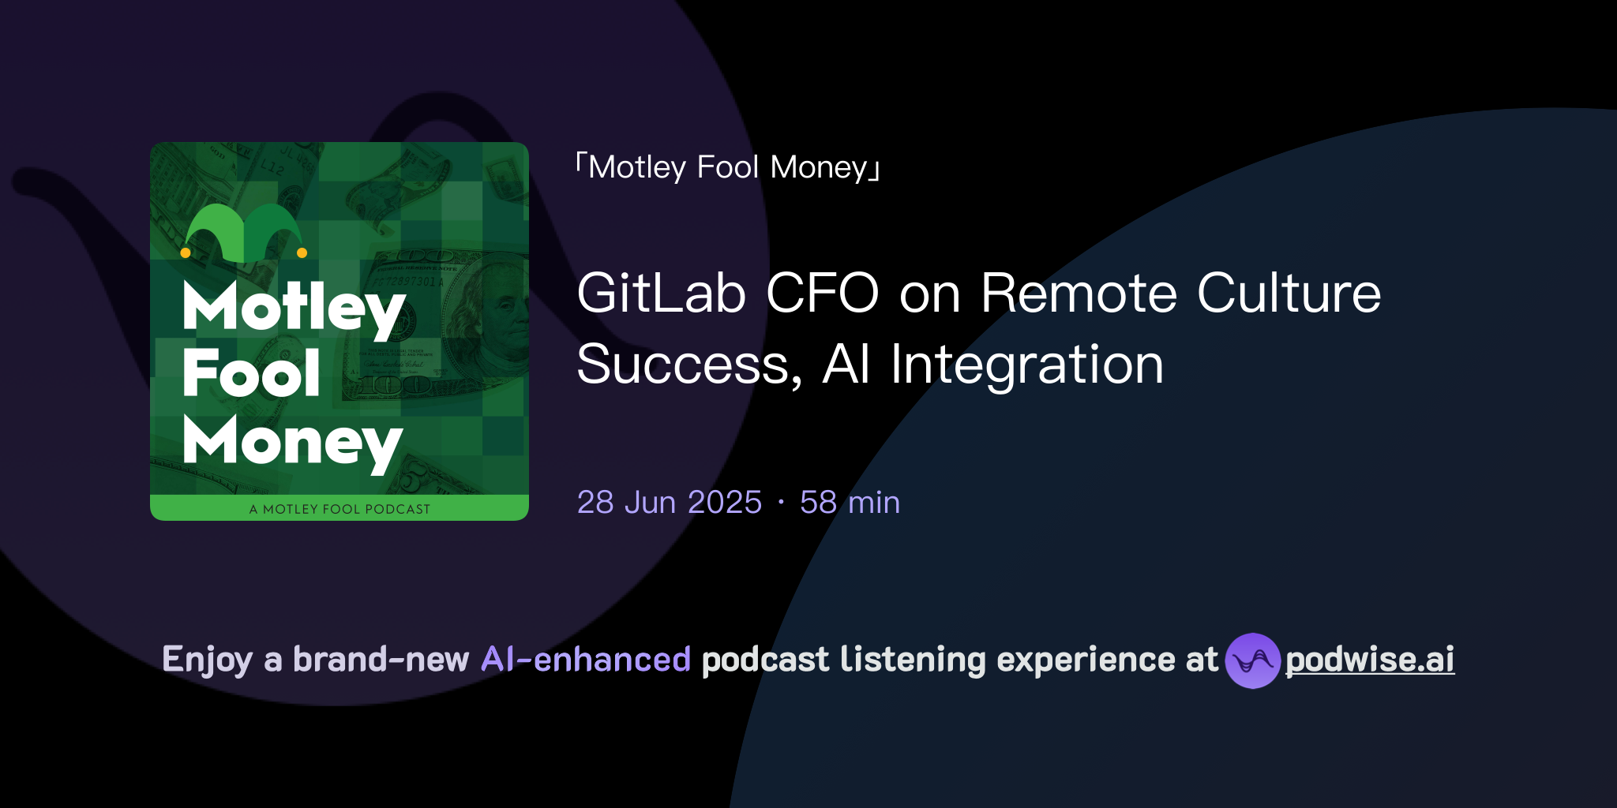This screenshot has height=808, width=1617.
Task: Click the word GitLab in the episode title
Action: coord(661,294)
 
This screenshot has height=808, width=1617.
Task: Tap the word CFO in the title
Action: coord(822,294)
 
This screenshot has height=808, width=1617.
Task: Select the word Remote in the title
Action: coord(1079,294)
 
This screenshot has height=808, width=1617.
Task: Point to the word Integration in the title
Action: coord(1026,365)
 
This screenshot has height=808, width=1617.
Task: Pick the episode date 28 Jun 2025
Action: coord(669,503)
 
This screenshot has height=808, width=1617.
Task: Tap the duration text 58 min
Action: coord(850,503)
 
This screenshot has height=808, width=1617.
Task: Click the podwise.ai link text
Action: coord(1369,660)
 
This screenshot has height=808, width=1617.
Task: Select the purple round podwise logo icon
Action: coord(1252,660)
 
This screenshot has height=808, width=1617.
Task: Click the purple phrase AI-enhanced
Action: coord(586,660)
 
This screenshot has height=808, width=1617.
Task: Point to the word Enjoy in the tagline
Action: coord(207,660)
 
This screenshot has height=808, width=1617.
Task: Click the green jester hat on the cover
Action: coord(243,233)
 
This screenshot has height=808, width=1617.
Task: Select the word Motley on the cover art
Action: coord(294,308)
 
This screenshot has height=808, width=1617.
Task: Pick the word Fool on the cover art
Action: coord(251,373)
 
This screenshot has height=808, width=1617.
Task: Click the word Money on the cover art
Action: coord(292,442)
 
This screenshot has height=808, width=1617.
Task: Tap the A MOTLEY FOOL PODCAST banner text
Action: coord(340,509)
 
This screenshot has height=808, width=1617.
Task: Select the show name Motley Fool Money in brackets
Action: coord(727,167)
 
